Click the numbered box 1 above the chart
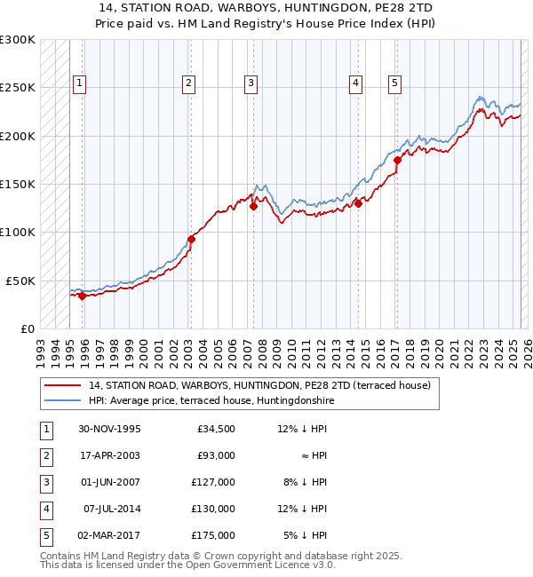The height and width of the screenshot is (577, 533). coord(79,83)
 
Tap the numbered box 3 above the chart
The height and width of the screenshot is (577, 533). coord(251,83)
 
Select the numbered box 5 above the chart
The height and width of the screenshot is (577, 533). coord(394,83)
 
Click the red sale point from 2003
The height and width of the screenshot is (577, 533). coord(191,239)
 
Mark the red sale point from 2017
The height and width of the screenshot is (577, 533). coord(397,161)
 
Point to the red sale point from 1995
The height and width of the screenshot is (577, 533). coord(82,296)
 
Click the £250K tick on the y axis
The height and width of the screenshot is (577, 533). coord(18,88)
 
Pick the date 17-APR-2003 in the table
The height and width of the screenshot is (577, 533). coord(110,455)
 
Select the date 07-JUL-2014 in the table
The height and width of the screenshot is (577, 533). coord(112,509)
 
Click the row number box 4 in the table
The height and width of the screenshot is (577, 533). coord(44,509)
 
